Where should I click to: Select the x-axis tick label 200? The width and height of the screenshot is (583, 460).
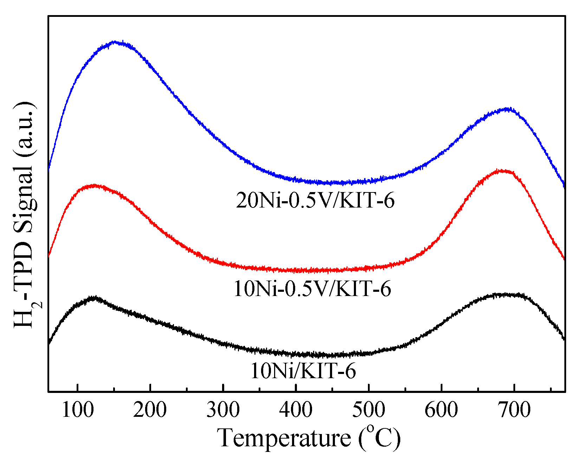click(150, 410)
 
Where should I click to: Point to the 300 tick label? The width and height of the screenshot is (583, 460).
click(223, 410)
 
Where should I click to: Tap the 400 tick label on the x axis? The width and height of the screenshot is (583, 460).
click(296, 410)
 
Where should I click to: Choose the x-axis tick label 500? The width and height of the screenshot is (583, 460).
click(369, 410)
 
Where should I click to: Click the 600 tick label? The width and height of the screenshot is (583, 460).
click(441, 410)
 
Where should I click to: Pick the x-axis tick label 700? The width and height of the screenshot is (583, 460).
click(514, 410)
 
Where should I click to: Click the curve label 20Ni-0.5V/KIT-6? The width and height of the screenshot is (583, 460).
click(315, 201)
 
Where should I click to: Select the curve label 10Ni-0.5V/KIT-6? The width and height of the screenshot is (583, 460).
click(312, 289)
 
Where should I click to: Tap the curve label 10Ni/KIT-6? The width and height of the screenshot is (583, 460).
click(303, 371)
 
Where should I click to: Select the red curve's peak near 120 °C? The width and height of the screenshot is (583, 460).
click(93, 185)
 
